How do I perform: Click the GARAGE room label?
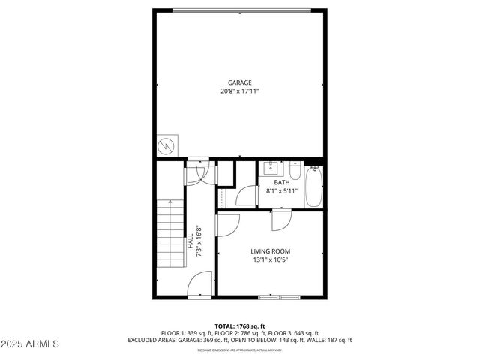(x=240, y=82)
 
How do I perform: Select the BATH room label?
(x=281, y=182)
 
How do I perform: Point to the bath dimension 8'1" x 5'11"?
(x=282, y=190)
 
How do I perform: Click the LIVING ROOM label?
(x=270, y=251)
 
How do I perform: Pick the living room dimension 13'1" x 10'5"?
(x=270, y=260)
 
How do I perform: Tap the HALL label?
(x=190, y=241)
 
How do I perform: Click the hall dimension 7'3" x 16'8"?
(x=199, y=241)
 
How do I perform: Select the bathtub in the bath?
(x=314, y=186)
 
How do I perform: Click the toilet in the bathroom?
(x=295, y=172)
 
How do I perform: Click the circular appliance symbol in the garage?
(x=166, y=145)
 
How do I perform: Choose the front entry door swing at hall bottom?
(x=199, y=285)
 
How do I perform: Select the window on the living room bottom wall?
(x=278, y=298)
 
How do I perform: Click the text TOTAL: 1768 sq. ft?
(x=240, y=326)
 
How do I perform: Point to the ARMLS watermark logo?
(x=30, y=343)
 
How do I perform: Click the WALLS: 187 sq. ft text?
(x=326, y=340)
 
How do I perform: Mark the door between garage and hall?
(x=196, y=171)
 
